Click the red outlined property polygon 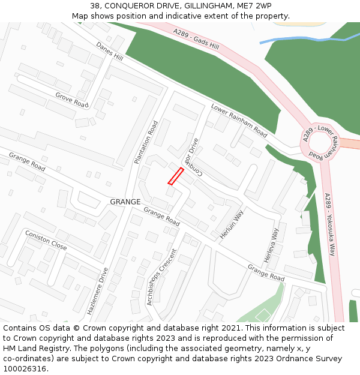[x=175, y=176]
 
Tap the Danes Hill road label [x=109, y=52]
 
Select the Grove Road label [x=72, y=100]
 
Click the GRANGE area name [x=125, y=202]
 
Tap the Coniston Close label [x=46, y=240]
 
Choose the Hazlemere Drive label [x=97, y=290]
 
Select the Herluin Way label [x=232, y=224]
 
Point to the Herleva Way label [x=271, y=245]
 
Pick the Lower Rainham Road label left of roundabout [x=239, y=120]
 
